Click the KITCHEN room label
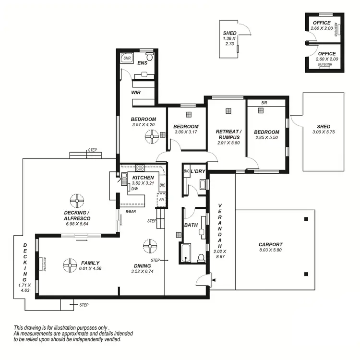tap(143, 178)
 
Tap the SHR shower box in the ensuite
tap(127, 58)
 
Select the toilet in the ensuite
tap(149, 58)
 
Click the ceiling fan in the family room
tap(70, 264)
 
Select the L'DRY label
tap(198, 171)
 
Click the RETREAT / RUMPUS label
tap(228, 134)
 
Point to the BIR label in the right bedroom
tap(264, 103)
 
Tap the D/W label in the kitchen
tap(135, 188)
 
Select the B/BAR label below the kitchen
tap(131, 211)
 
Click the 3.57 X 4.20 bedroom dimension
tap(144, 125)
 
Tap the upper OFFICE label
tap(322, 23)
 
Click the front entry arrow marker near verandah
tap(214, 280)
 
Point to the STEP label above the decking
tap(93, 150)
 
